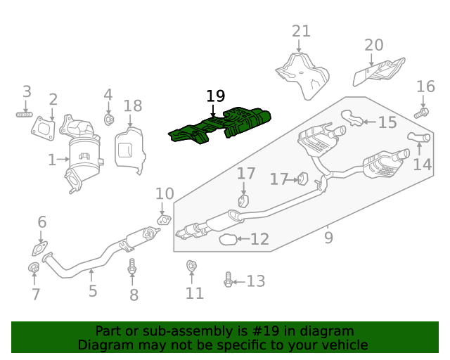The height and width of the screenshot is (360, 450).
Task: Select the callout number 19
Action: point(215,96)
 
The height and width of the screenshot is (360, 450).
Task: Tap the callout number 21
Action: point(301,31)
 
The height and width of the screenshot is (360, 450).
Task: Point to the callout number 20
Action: point(374,45)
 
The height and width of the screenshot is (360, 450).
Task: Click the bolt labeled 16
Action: point(420,112)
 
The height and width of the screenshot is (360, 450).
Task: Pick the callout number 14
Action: point(422,165)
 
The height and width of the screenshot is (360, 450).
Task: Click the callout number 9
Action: point(328,238)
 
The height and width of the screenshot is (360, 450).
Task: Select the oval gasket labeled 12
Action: point(227,240)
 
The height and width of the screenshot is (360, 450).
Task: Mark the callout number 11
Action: point(195,293)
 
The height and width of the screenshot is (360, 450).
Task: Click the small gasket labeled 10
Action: point(163,221)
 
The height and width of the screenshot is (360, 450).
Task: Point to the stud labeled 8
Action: point(132,268)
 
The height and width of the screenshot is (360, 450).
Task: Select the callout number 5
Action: point(93,290)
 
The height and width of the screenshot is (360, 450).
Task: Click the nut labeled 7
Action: point(32,267)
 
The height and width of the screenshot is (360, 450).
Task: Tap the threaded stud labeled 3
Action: point(26,114)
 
